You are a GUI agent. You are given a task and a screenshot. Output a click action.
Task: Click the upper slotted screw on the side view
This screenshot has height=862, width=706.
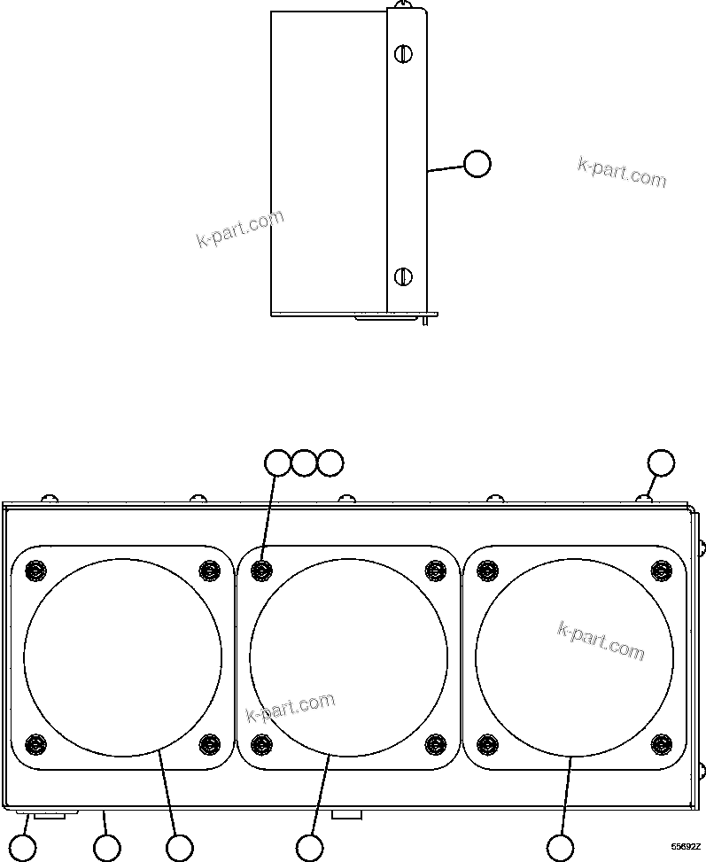pyautogui.click(x=402, y=54)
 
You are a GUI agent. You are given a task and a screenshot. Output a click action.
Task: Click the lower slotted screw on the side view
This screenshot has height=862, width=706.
pyautogui.click(x=402, y=276)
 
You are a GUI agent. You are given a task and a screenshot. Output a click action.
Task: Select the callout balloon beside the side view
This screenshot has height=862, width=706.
pyautogui.click(x=477, y=164)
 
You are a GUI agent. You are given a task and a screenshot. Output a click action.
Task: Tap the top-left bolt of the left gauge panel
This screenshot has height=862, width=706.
pyautogui.click(x=35, y=570)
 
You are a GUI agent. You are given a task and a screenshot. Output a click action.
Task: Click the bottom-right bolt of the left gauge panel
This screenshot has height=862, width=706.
pyautogui.click(x=209, y=742)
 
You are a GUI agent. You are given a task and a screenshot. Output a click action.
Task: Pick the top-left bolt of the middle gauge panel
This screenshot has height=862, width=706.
pyautogui.click(x=261, y=570)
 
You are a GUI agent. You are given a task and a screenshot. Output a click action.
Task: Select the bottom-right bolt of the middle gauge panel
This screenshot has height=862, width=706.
pyautogui.click(x=435, y=742)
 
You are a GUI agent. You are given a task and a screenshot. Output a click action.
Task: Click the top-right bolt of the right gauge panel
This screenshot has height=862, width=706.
pyautogui.click(x=661, y=570)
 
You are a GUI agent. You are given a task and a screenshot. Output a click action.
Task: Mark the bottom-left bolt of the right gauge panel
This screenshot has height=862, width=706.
pyautogui.click(x=487, y=742)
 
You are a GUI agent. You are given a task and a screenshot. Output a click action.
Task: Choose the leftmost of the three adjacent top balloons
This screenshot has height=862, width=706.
pyautogui.click(x=278, y=462)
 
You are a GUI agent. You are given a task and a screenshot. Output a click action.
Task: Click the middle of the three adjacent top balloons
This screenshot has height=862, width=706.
pyautogui.click(x=304, y=462)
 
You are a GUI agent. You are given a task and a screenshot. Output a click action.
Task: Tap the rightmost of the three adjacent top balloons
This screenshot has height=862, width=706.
pyautogui.click(x=330, y=462)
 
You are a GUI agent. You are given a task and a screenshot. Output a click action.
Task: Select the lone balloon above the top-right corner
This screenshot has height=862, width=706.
pyautogui.click(x=661, y=462)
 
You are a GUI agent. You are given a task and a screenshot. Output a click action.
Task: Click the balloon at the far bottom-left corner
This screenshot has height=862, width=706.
pyautogui.click(x=23, y=848)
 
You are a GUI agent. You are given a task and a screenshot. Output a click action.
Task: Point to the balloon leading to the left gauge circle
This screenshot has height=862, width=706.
pyautogui.click(x=180, y=848)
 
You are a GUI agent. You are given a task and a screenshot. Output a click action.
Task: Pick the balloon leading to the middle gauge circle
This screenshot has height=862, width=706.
pyautogui.click(x=309, y=848)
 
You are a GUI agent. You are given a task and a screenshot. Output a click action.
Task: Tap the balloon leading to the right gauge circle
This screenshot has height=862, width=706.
pyautogui.click(x=560, y=848)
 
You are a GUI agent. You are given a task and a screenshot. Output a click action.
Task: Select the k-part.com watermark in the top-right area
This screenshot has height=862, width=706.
pyautogui.click(x=622, y=172)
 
